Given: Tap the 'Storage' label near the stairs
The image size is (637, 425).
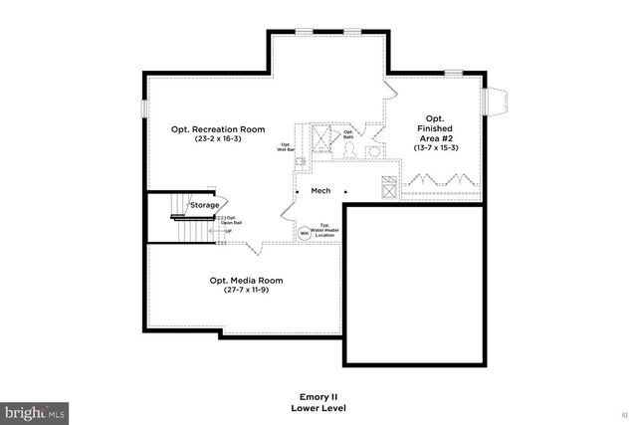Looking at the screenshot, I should [x=205, y=204].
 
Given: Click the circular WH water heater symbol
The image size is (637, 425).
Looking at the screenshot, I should [x=305, y=234].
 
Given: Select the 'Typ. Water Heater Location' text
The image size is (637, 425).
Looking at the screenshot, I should [x=324, y=231].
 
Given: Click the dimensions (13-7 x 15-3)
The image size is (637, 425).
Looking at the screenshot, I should [x=435, y=148].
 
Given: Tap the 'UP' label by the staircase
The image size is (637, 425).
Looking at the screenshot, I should [x=228, y=232].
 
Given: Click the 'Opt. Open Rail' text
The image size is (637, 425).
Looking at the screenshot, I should [x=230, y=220].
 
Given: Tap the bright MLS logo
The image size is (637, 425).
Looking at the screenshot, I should [x=35, y=411].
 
